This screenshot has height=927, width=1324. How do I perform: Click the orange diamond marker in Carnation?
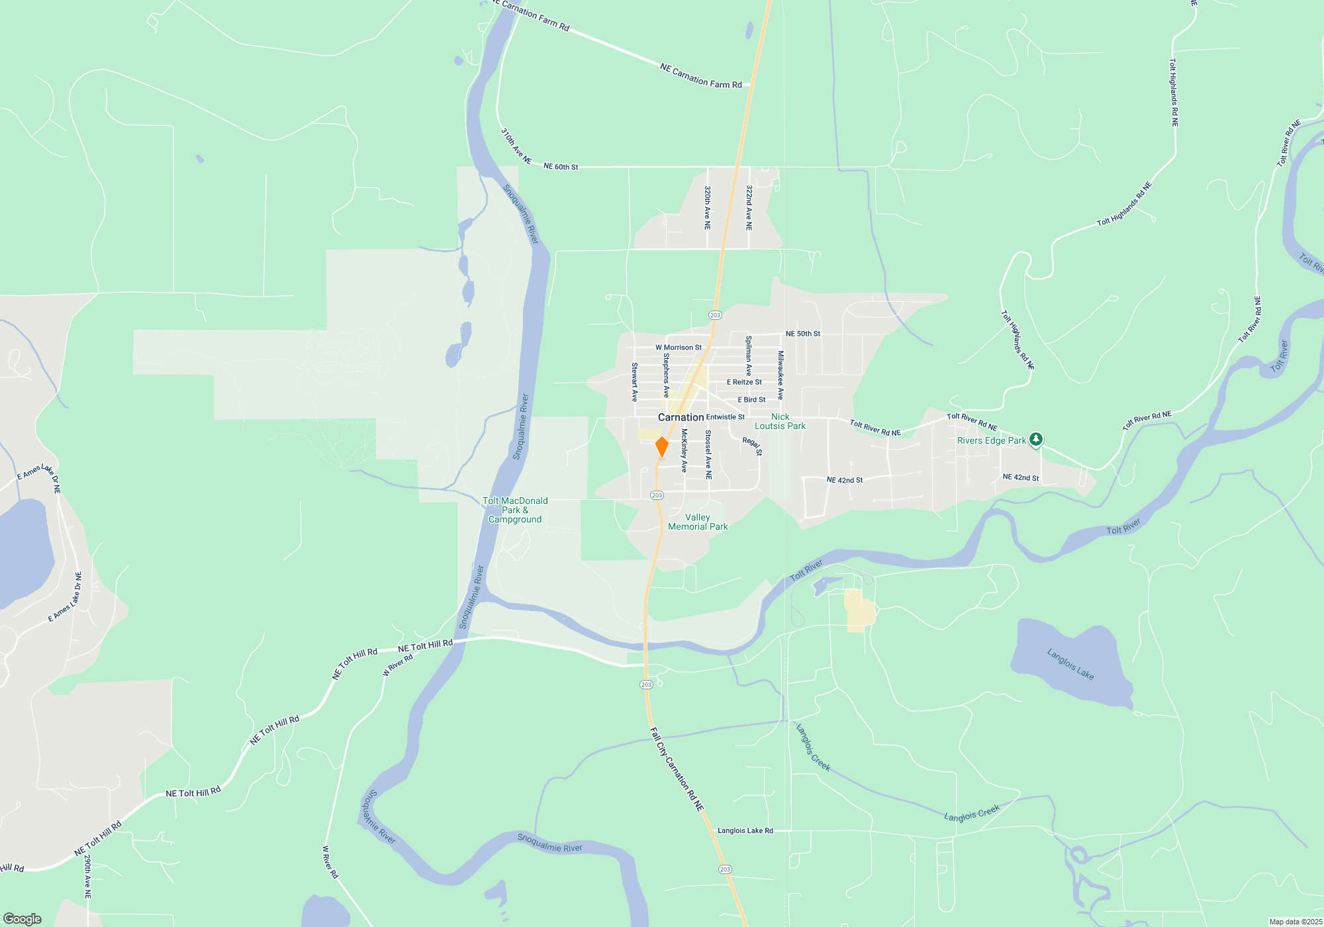(x=661, y=447)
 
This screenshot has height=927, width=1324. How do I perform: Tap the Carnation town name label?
(x=681, y=417)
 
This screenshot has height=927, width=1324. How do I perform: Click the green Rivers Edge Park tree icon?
(x=1036, y=439)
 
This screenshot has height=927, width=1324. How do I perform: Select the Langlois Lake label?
(x=1070, y=664)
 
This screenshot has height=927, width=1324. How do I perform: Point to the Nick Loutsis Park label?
(x=780, y=422)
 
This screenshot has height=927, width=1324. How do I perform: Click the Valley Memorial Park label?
(x=698, y=522)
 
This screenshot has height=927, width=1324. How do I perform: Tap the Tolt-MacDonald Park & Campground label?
(x=515, y=510)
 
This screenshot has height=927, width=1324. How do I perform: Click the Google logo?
(x=23, y=919)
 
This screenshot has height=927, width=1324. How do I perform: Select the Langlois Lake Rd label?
(x=745, y=830)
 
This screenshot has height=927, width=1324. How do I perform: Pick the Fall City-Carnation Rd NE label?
(x=677, y=769)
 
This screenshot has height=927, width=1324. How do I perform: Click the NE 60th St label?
(x=561, y=167)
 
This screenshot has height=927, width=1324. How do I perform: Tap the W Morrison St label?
(x=679, y=348)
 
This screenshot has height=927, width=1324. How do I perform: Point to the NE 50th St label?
(x=802, y=334)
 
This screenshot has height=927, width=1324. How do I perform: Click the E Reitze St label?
(x=744, y=382)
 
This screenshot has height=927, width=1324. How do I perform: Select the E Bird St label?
(x=751, y=400)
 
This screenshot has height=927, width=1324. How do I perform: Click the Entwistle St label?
(x=726, y=417)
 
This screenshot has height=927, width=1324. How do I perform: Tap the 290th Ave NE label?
(x=87, y=876)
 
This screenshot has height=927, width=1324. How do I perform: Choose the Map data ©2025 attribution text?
(x=1296, y=922)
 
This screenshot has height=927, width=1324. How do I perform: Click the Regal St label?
(x=753, y=446)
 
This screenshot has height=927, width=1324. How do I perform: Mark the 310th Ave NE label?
(x=516, y=146)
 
